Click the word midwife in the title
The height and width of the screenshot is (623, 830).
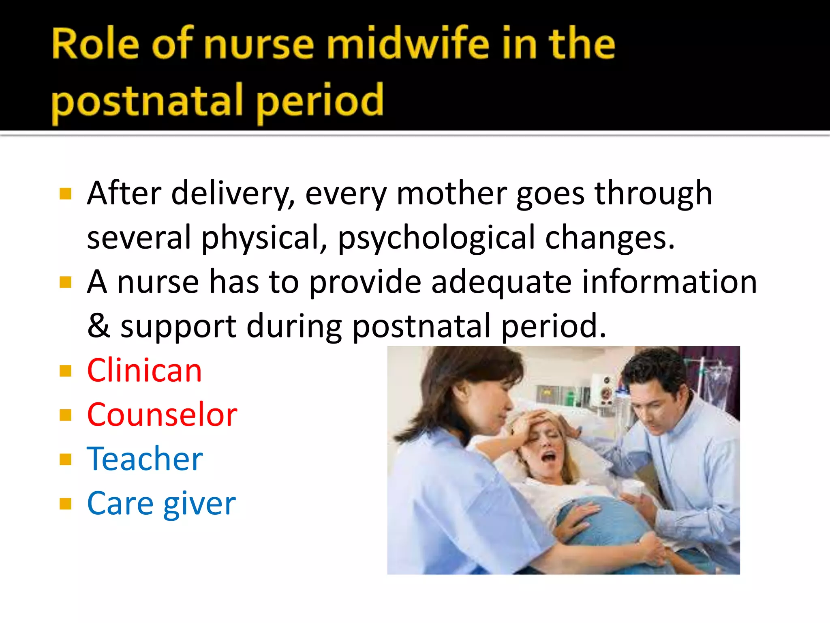[409, 44]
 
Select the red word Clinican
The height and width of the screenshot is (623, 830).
[144, 370]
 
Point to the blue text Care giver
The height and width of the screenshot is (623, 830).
[161, 504]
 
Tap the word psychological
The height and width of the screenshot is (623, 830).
[436, 238]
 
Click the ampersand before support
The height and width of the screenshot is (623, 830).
[98, 326]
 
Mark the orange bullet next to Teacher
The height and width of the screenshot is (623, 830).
[65, 460]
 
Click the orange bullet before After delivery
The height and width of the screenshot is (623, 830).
[65, 194]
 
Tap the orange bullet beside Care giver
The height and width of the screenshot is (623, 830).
[65, 504]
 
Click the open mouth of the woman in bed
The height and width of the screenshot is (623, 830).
[549, 457]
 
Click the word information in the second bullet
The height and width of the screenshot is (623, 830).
[669, 282]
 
